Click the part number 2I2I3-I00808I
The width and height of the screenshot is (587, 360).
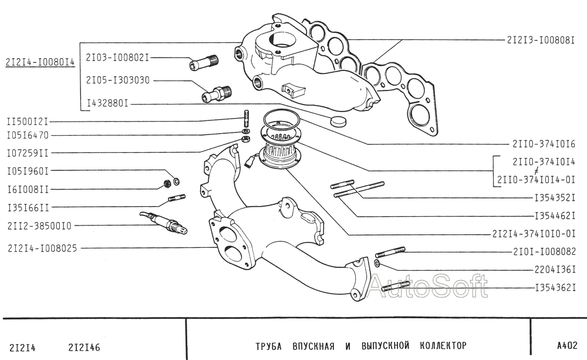541,40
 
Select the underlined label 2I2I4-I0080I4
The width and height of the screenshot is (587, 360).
40,62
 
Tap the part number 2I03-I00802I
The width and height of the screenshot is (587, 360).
117,58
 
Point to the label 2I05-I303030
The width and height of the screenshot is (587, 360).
118,80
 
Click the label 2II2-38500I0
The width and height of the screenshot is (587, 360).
39,226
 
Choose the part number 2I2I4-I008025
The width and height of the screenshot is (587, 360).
42,248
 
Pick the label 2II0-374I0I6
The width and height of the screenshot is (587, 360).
544,144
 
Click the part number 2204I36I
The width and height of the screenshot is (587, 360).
555,270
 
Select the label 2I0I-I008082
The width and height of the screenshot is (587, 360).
544,251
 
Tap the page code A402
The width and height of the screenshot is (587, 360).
567,345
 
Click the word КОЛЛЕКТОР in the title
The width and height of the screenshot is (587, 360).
443,345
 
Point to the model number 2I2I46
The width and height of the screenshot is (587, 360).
84,348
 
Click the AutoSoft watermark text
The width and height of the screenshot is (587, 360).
428,286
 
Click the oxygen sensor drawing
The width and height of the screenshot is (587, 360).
164,223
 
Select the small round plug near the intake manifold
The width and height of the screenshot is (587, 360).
339,120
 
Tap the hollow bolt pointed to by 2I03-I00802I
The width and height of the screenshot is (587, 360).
204,62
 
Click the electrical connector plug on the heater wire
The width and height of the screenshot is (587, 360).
249,163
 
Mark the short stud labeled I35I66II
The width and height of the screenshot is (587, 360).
177,197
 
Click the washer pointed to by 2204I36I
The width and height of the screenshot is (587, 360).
377,263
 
